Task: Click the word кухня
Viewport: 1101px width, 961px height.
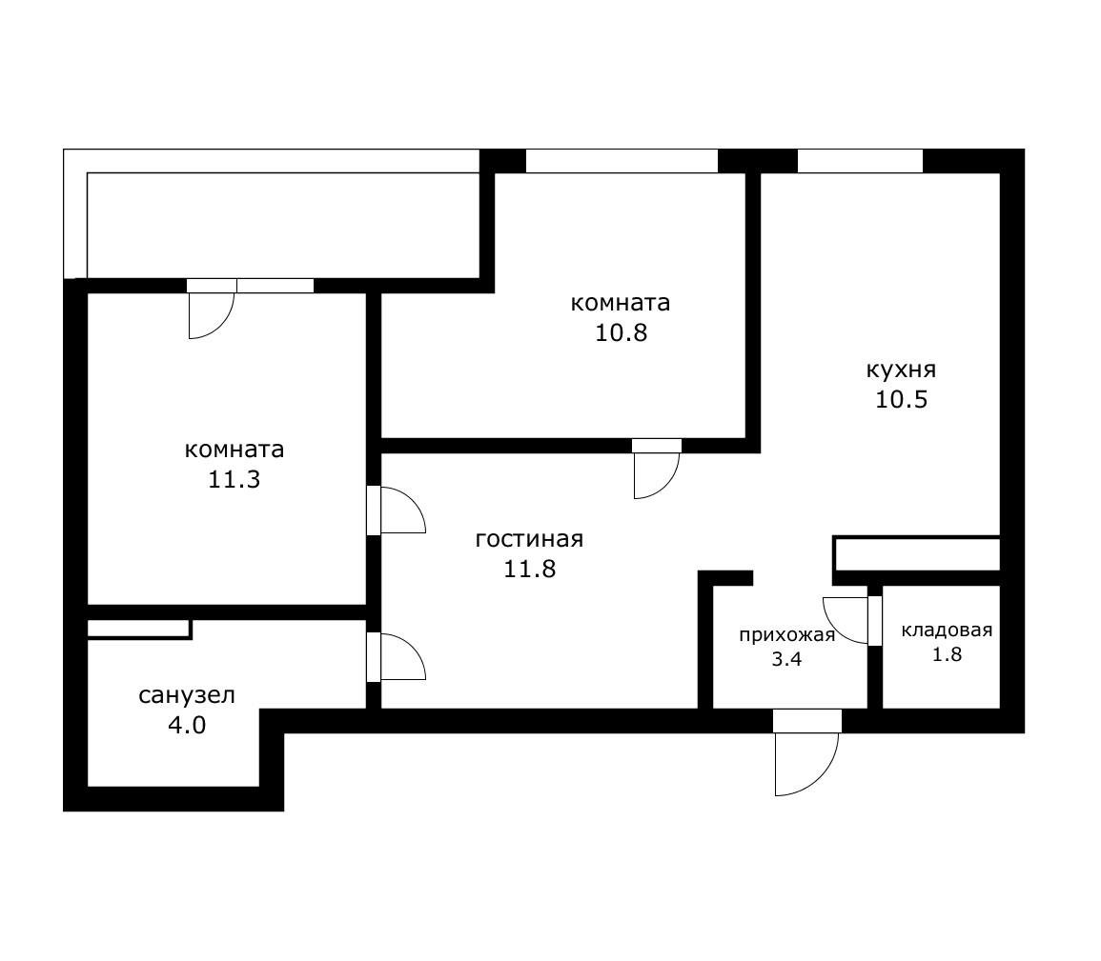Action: click(901, 370)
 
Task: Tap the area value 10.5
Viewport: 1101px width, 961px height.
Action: click(901, 399)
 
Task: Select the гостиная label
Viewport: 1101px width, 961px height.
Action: click(529, 539)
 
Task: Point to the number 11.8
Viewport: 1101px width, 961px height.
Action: click(529, 570)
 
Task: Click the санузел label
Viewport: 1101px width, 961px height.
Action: click(187, 695)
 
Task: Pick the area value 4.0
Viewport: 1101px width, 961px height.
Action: click(187, 726)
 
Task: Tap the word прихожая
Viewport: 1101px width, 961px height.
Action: click(786, 635)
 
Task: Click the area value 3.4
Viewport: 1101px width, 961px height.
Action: click(786, 658)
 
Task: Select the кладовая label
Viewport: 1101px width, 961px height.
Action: click(947, 630)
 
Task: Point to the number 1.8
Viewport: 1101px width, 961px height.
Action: click(947, 654)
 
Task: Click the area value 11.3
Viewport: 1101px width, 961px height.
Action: click(234, 479)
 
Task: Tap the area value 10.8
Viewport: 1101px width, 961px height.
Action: click(621, 333)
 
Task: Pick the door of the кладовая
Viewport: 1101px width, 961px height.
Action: click(848, 619)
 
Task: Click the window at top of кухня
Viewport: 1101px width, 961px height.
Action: click(860, 161)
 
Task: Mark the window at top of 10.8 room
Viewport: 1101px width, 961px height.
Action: click(622, 161)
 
